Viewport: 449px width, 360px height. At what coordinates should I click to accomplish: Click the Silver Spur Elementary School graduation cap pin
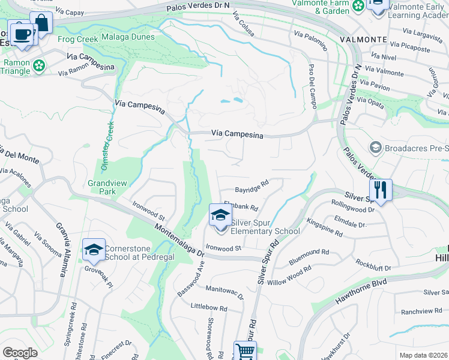click(x=220, y=215)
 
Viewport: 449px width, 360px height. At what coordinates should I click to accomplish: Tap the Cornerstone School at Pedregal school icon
click(x=94, y=249)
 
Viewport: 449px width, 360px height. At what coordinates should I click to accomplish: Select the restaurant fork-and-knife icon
click(x=381, y=190)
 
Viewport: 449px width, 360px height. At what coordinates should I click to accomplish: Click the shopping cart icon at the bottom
click(x=245, y=352)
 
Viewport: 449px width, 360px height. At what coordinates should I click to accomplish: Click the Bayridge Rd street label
click(x=251, y=186)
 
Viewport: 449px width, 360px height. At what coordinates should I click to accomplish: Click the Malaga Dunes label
click(x=126, y=37)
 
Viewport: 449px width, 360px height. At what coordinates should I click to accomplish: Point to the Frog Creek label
click(x=77, y=40)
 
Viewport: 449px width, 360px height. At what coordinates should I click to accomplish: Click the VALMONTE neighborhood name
click(x=363, y=39)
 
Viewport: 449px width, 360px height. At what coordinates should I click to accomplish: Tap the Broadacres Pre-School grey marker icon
click(x=376, y=147)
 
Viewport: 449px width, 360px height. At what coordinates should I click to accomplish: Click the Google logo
click(x=20, y=353)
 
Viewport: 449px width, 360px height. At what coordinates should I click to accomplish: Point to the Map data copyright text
click(x=424, y=355)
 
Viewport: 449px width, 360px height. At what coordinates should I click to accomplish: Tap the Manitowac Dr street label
click(x=224, y=293)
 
